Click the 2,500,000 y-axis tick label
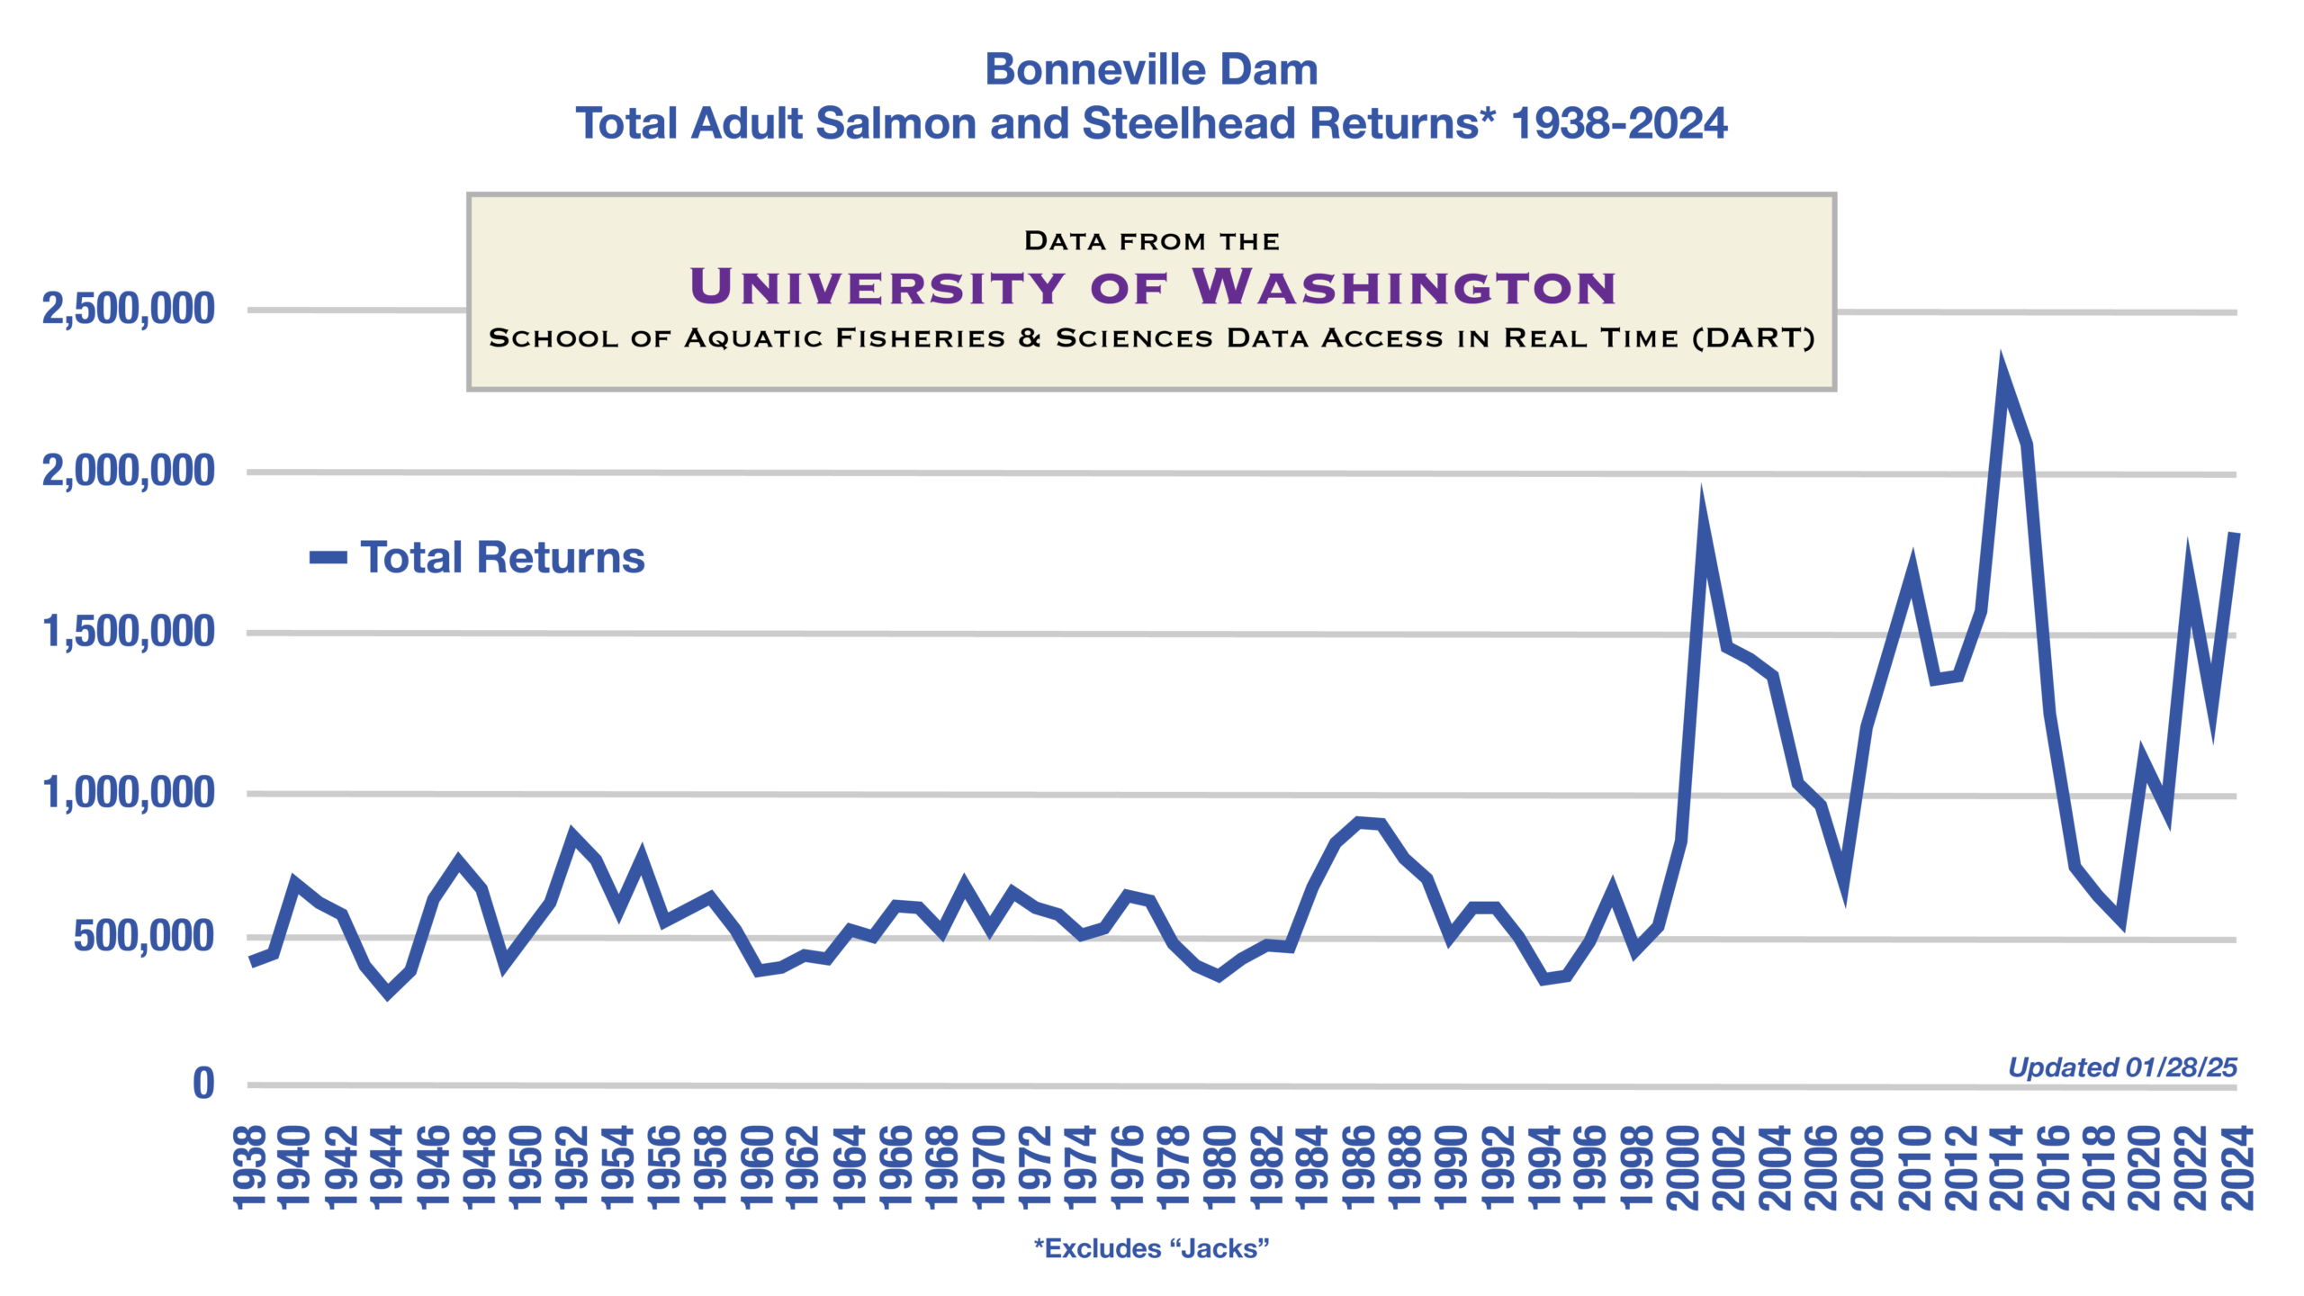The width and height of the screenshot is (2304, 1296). pyautogui.click(x=128, y=310)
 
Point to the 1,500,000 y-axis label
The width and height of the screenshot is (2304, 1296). pyautogui.click(x=128, y=632)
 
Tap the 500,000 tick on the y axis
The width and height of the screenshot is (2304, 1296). pyautogui.click(x=143, y=937)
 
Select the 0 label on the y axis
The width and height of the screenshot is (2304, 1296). pyautogui.click(x=204, y=1084)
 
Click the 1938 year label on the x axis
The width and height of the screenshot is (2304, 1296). pyautogui.click(x=250, y=1167)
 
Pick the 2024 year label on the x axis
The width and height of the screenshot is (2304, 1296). pyautogui.click(x=2237, y=1167)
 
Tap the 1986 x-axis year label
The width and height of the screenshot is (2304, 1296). pyautogui.click(x=1358, y=1167)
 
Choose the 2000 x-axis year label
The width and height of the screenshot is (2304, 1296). pyautogui.click(x=1682, y=1167)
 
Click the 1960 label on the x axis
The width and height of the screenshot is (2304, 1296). pyautogui.click(x=759, y=1167)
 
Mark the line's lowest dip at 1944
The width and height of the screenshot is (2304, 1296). pyautogui.click(x=388, y=993)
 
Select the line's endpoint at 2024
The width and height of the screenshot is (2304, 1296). pyautogui.click(x=2235, y=535)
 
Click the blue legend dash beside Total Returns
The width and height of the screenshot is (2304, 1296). pyautogui.click(x=328, y=558)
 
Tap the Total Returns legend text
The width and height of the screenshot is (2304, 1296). pyautogui.click(x=502, y=558)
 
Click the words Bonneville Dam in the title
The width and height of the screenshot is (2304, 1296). pyautogui.click(x=1151, y=70)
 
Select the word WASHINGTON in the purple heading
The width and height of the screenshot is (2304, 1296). pyautogui.click(x=1404, y=288)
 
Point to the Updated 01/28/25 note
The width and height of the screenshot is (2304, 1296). pyautogui.click(x=2122, y=1067)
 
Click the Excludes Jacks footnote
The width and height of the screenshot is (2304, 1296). pyautogui.click(x=1151, y=1248)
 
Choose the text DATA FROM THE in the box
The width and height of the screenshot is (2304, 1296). pyautogui.click(x=1151, y=241)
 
